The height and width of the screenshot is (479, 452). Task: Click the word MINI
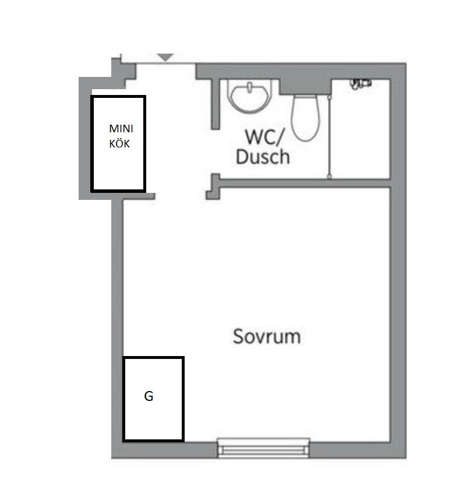pyautogui.click(x=121, y=129)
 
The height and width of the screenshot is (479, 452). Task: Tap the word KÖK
pyautogui.click(x=119, y=143)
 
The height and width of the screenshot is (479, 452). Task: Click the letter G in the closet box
pyautogui.click(x=149, y=396)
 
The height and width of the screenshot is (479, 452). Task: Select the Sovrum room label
pyautogui.click(x=267, y=336)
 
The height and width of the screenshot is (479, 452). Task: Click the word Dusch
pyautogui.click(x=263, y=157)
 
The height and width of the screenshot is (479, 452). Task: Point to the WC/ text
pyautogui.click(x=264, y=137)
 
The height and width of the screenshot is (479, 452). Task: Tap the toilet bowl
pyautogui.click(x=306, y=118)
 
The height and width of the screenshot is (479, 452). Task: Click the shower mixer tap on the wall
pyautogui.click(x=361, y=83)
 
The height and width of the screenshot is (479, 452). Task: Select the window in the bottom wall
pyautogui.click(x=263, y=448)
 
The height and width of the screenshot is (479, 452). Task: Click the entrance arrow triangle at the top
pyautogui.click(x=165, y=58)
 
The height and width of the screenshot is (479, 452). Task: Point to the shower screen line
pyautogui.click(x=330, y=136)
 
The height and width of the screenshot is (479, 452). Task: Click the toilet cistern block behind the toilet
pyautogui.click(x=306, y=87)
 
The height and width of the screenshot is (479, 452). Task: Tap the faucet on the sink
pyautogui.click(x=250, y=87)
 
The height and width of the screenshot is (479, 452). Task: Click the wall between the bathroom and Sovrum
pyautogui.click(x=305, y=184)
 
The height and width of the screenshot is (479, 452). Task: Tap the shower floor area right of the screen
pyautogui.click(x=361, y=135)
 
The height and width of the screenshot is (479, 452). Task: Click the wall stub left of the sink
pyautogui.click(x=216, y=104)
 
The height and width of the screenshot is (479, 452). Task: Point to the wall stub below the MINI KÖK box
pyautogui.click(x=139, y=196)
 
